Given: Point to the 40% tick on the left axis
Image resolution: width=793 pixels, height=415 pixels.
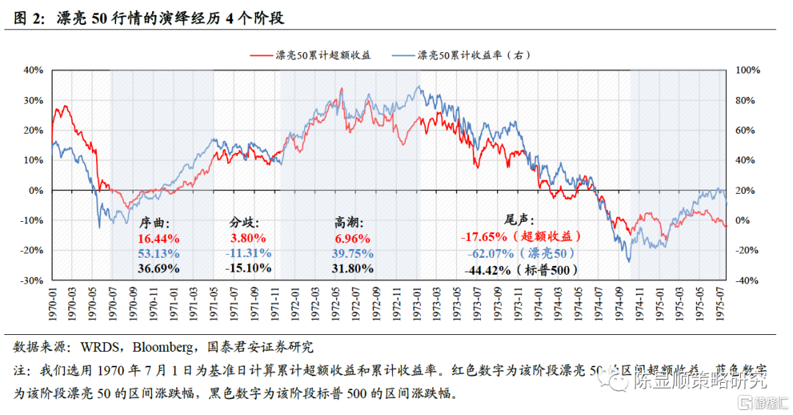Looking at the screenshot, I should tap(34, 71).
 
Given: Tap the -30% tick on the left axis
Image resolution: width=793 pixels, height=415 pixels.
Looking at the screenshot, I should tap(32, 281).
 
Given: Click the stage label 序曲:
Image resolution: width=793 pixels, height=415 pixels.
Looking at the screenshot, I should tap(154, 222).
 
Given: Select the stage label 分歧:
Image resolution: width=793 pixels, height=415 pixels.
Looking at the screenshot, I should tap(245, 222).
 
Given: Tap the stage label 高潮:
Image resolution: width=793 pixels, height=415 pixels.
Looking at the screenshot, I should tap(349, 222).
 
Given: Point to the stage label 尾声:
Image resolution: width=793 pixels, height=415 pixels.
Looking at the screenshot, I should tap(519, 220).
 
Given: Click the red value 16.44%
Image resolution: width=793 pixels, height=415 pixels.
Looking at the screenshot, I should tap(158, 238).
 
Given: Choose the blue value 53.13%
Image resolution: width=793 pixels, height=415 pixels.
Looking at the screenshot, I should tap(158, 253).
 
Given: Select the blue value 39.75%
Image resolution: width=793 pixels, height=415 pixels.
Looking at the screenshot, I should tap(352, 253).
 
